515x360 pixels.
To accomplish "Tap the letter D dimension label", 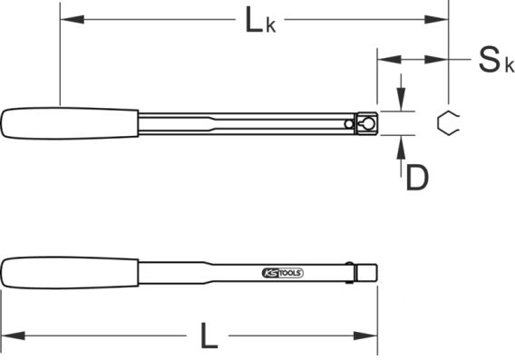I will [x=416, y=178].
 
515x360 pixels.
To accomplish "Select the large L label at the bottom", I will [x=209, y=337].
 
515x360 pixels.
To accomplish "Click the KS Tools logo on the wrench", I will [x=282, y=272].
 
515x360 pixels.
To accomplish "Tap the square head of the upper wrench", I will [x=367, y=123].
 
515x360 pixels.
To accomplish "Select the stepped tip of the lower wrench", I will [x=367, y=271].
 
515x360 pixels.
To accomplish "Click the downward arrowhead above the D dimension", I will [x=402, y=103].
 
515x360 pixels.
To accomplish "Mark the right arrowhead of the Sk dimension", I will [x=439, y=61].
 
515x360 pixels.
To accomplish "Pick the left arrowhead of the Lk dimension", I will [x=68, y=18].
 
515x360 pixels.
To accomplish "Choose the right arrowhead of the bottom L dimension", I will [x=371, y=337].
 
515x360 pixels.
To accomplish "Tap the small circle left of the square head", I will [x=350, y=124].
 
